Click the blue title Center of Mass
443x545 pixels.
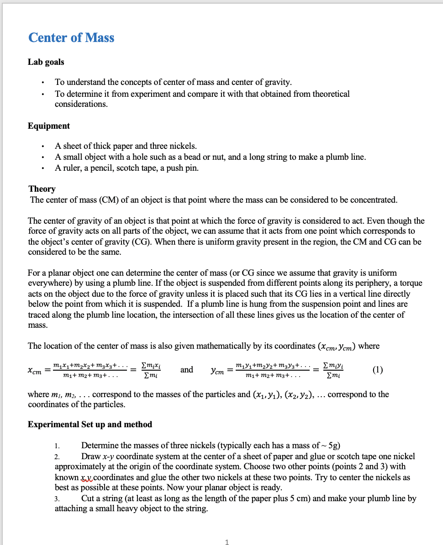(71, 37)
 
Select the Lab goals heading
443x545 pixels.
(46, 62)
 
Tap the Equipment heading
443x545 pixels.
(49, 126)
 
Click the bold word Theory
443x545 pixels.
(42, 189)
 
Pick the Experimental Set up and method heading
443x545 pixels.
(90, 424)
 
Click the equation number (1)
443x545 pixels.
(377, 370)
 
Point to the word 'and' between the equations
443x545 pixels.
(186, 370)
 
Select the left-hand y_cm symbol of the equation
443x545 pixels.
(217, 371)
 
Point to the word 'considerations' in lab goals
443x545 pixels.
(81, 104)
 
